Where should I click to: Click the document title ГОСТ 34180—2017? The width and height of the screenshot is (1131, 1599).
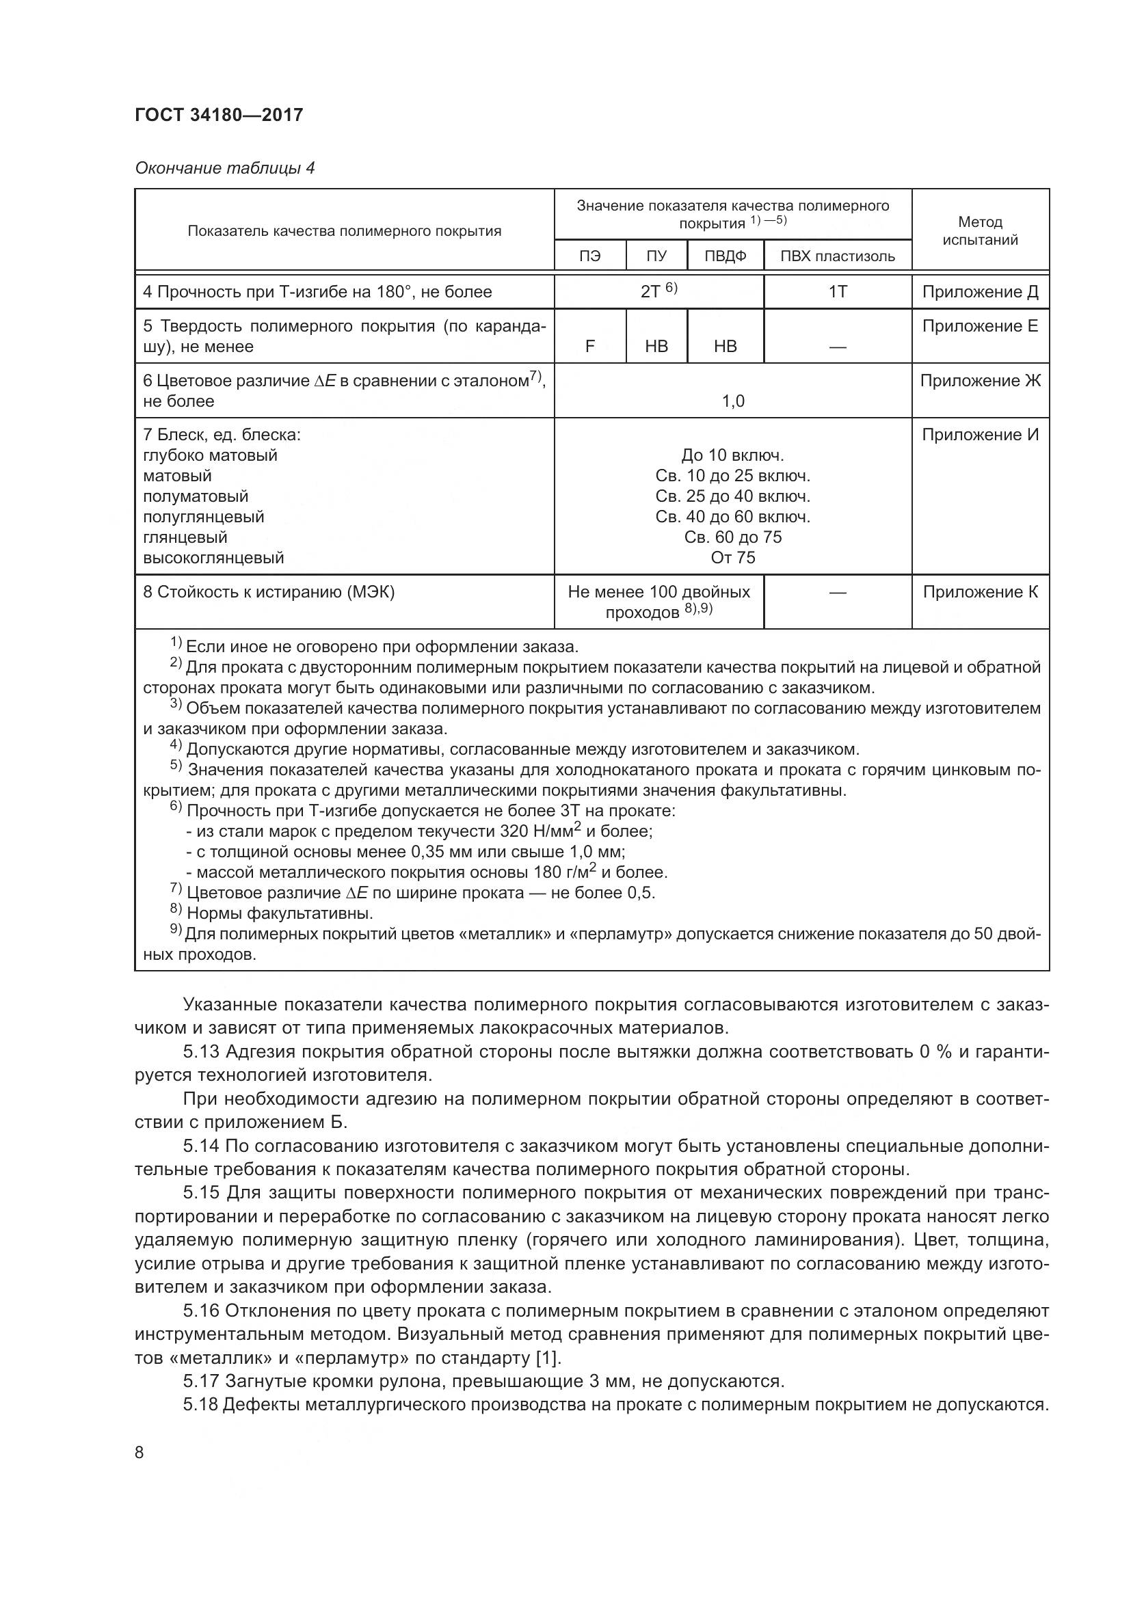[219, 115]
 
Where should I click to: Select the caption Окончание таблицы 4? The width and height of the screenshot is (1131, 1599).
[224, 168]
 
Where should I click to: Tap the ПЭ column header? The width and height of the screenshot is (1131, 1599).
[589, 256]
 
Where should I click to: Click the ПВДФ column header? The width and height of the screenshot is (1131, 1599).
[725, 256]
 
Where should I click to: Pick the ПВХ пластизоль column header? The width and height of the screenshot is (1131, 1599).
[837, 256]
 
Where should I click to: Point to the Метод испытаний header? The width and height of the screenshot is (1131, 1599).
[980, 230]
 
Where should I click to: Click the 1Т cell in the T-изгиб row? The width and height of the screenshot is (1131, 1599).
[837, 292]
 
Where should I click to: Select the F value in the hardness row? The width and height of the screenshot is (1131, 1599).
[589, 346]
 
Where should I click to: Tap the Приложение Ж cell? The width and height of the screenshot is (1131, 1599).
[980, 380]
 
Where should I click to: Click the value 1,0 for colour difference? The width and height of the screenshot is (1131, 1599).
[732, 401]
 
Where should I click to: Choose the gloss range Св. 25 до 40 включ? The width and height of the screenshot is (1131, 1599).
[732, 496]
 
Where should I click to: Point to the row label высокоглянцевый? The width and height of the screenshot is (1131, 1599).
[213, 557]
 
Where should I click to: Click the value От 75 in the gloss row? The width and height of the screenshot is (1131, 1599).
[732, 557]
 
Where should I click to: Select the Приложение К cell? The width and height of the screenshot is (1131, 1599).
[980, 591]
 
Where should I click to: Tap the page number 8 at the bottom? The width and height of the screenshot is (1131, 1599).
[139, 1453]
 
